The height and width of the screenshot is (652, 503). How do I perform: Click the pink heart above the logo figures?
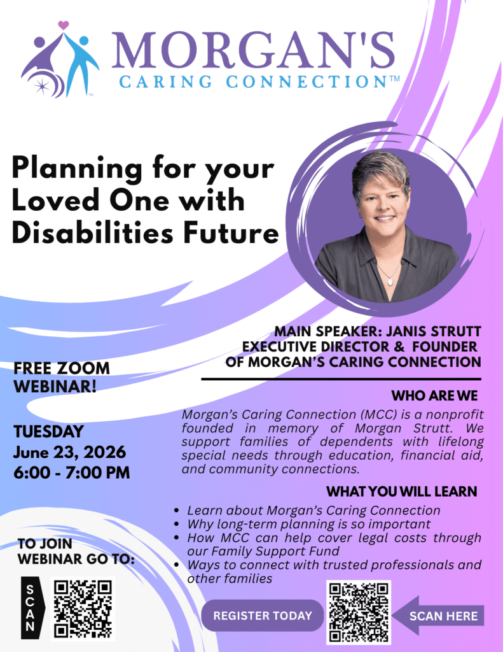pyautogui.click(x=63, y=25)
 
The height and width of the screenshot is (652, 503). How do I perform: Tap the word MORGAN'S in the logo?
pyautogui.click(x=253, y=49)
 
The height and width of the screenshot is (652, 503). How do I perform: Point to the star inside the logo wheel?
pyautogui.click(x=41, y=87)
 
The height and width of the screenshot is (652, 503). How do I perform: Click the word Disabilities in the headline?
pyautogui.click(x=92, y=233)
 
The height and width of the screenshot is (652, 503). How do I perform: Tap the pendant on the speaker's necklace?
pyautogui.click(x=390, y=281)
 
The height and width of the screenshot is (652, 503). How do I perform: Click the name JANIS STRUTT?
pyautogui.click(x=434, y=331)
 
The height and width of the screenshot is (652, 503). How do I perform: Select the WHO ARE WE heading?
pyautogui.click(x=434, y=395)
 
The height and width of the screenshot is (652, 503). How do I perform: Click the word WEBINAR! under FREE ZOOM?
pyautogui.click(x=55, y=386)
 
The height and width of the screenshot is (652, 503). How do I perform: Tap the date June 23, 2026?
pyautogui.click(x=69, y=452)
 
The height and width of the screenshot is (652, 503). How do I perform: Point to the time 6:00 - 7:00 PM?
pyautogui.click(x=71, y=472)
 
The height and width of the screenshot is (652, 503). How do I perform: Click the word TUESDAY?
pyautogui.click(x=48, y=432)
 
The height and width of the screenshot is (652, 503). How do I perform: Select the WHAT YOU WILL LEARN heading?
pyautogui.click(x=402, y=492)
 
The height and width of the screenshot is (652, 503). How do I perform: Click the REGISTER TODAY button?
pyautogui.click(x=263, y=616)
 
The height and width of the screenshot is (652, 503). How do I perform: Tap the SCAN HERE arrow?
pyautogui.click(x=438, y=616)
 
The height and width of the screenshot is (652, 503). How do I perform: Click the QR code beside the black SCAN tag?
pyautogui.click(x=83, y=609)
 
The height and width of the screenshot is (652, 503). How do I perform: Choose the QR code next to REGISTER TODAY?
pyautogui.click(x=359, y=612)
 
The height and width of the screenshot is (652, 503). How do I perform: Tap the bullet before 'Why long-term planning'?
pyautogui.click(x=177, y=524)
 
